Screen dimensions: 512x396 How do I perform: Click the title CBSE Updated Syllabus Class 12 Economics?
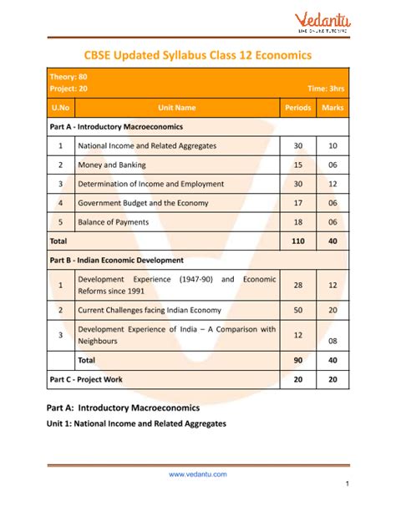(x=198, y=54)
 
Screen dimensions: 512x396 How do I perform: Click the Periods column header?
(x=298, y=108)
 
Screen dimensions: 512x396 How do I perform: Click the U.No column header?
(x=61, y=108)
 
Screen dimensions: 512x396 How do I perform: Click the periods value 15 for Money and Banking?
(x=298, y=165)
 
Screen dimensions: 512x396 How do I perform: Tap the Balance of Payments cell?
(x=114, y=222)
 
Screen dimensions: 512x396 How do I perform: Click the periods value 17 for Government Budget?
(x=298, y=203)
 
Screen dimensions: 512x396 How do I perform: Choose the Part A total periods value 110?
(x=298, y=241)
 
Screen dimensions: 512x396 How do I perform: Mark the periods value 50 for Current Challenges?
(x=298, y=310)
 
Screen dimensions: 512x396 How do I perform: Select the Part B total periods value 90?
(x=298, y=360)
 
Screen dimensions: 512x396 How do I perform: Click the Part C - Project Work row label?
(x=86, y=379)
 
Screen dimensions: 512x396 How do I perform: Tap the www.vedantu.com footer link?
(x=198, y=474)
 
